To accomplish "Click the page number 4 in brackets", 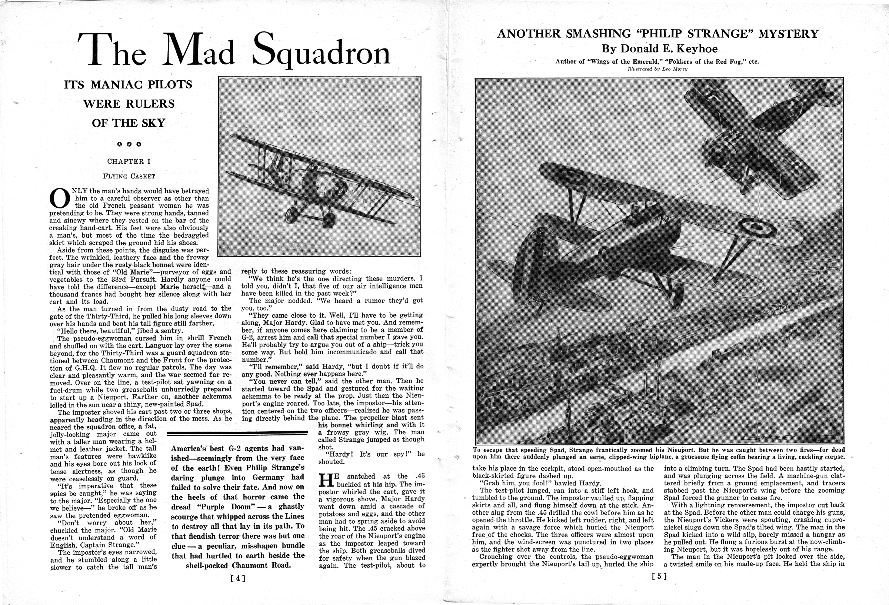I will pos(237,579).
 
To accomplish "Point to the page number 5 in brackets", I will pos(659,577).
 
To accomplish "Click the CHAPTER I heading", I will pos(129,161).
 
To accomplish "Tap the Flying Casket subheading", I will pos(129,176).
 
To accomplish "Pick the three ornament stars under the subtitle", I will pos(129,144).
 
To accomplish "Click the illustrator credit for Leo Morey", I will pos(657,69).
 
